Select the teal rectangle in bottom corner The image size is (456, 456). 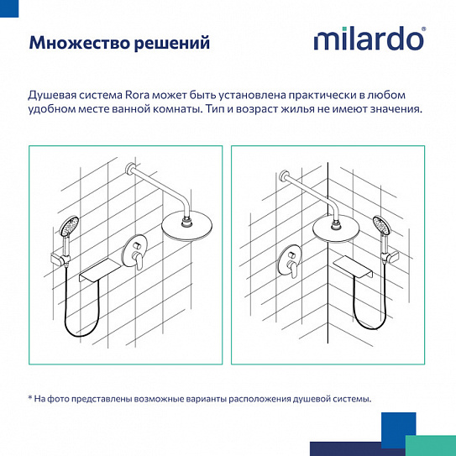pos(430,446)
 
